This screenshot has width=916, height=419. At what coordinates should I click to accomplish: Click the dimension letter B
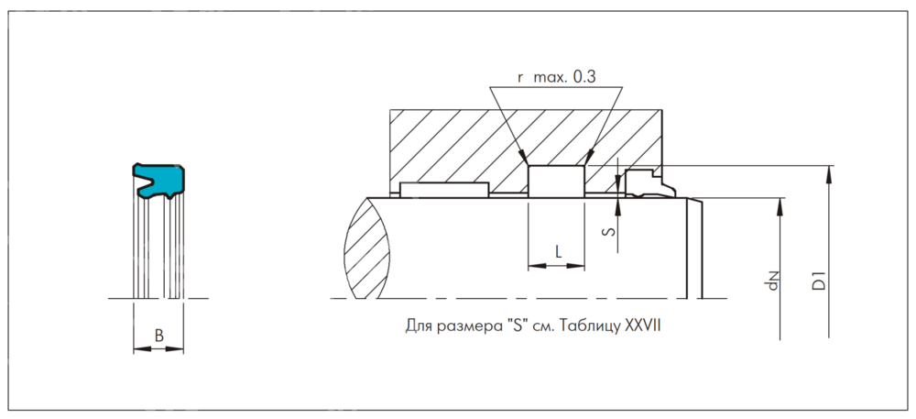pos(158,336)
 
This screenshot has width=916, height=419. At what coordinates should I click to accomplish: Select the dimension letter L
pos(557,250)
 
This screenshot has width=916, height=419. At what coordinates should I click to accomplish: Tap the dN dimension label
pos(773,281)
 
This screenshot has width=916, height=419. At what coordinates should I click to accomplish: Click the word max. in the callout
pos(549,78)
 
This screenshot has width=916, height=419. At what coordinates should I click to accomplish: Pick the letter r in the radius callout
pos(520,79)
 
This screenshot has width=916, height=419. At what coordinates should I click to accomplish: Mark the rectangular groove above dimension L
pos(556,181)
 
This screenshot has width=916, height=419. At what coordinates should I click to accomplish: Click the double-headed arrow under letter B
pos(158,348)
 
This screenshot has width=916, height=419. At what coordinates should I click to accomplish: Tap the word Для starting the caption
pos(418,325)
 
